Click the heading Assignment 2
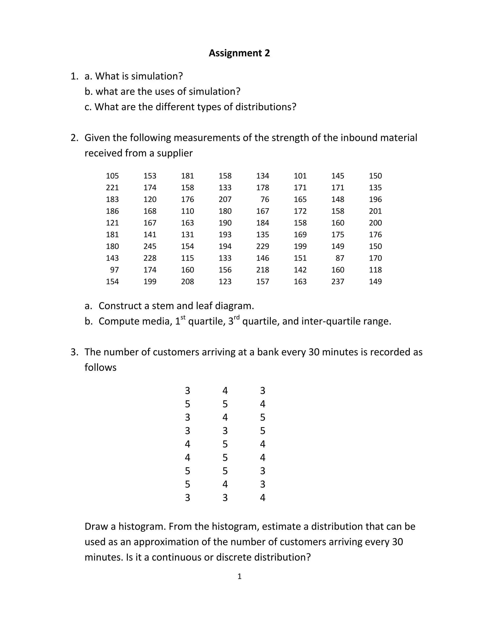click(x=239, y=53)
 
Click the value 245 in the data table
click(x=150, y=246)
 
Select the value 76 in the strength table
click(x=265, y=199)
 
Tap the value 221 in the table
click(x=112, y=188)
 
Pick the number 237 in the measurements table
click(x=338, y=281)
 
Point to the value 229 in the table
click(x=262, y=246)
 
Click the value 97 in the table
click(x=114, y=270)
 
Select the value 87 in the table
click(x=340, y=258)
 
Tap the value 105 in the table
click(x=112, y=176)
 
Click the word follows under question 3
click(x=100, y=368)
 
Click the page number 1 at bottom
click(x=239, y=576)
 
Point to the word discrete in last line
click(x=234, y=557)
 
